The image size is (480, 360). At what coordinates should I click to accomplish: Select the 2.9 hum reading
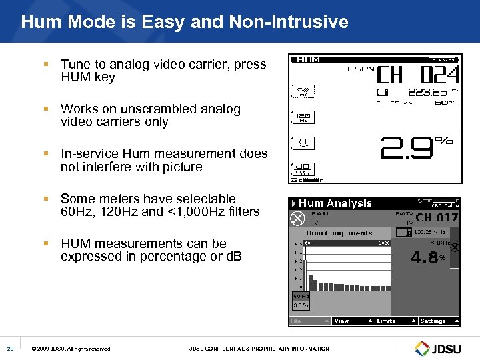[x=407, y=148]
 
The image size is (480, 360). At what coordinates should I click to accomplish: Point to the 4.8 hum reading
[x=425, y=257]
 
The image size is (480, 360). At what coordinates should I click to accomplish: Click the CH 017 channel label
[x=437, y=217]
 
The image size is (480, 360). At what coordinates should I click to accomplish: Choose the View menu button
[x=341, y=321]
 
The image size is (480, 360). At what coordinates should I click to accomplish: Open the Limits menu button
[x=386, y=321]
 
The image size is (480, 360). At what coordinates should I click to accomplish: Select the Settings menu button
[x=433, y=321]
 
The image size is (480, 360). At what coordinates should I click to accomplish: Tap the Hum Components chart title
[x=339, y=233]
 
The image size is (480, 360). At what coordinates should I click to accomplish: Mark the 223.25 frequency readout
[x=427, y=93]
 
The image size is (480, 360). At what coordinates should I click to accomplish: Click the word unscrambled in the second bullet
[x=149, y=109]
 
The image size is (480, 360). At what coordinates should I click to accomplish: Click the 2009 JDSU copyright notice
[x=72, y=349]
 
